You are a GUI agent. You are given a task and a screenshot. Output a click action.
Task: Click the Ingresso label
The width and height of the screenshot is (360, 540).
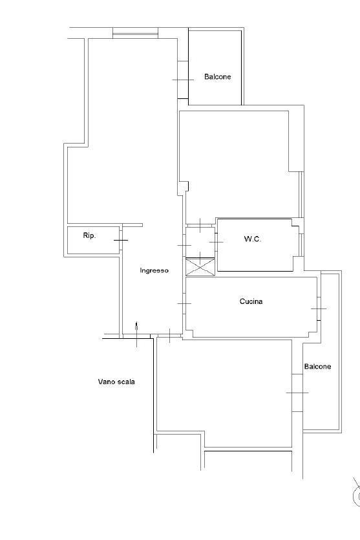pyautogui.click(x=154, y=271)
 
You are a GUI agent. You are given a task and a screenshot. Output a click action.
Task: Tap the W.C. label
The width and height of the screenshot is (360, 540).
pyautogui.click(x=253, y=239)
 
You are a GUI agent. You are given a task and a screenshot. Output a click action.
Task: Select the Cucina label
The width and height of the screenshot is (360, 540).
pyautogui.click(x=251, y=301)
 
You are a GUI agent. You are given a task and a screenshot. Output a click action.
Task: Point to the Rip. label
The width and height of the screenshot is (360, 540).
pyautogui.click(x=89, y=235)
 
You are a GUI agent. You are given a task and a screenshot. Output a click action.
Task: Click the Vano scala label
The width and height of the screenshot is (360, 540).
pyautogui.click(x=116, y=382)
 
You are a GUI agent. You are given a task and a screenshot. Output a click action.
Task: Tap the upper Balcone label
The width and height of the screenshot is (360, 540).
pyautogui.click(x=218, y=76)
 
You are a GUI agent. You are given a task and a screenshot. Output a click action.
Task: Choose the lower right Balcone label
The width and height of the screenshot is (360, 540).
pyautogui.click(x=318, y=367)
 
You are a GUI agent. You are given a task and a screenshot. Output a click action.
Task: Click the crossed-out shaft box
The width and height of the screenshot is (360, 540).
pyautogui.click(x=200, y=267)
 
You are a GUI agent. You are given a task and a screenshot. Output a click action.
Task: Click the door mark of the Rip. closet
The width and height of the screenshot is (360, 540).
pyautogui.click(x=121, y=240)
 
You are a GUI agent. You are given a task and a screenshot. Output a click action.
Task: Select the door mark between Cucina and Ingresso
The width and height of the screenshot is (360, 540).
pyautogui.click(x=184, y=303)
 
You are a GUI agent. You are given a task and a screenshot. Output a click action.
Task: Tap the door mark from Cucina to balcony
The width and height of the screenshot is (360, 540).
pyautogui.click(x=319, y=309)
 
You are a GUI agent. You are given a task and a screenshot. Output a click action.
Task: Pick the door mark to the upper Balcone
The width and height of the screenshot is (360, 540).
pyautogui.click(x=183, y=80)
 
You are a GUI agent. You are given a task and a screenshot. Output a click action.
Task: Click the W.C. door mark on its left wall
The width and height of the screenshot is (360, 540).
pyautogui.click(x=216, y=243)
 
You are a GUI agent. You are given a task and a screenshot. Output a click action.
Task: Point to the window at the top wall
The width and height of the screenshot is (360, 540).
pyautogui.click(x=136, y=34)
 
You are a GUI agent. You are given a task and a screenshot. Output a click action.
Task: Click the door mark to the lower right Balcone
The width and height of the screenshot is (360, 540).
pyautogui.click(x=297, y=393)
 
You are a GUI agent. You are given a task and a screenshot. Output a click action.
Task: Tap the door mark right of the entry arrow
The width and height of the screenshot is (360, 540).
pyautogui.click(x=170, y=336)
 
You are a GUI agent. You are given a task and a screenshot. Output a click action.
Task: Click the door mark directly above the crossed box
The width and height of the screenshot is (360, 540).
pyautogui.click(x=200, y=225)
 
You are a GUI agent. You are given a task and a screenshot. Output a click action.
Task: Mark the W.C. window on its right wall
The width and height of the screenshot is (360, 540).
pyautogui.click(x=301, y=244)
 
